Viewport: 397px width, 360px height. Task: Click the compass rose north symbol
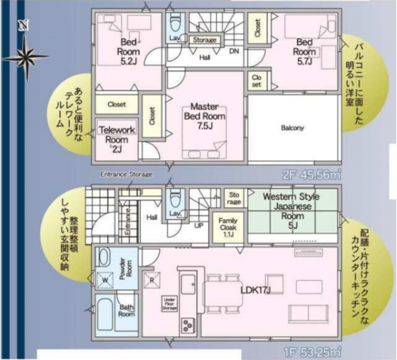click(22, 55)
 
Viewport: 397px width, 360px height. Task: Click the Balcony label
click(293, 128)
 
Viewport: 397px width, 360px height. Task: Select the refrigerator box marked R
click(152, 281)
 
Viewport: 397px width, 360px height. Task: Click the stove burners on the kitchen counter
click(188, 326)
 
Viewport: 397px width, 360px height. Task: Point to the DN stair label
click(234, 50)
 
